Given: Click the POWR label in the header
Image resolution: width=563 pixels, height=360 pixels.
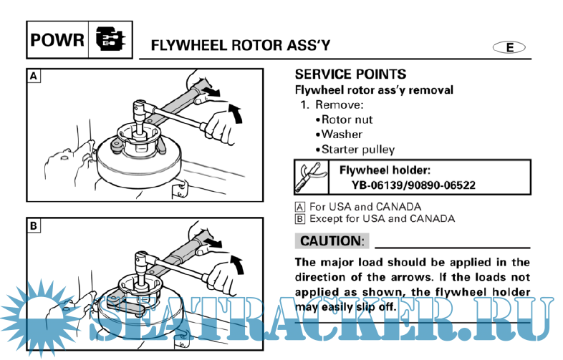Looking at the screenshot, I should pyautogui.click(x=57, y=40).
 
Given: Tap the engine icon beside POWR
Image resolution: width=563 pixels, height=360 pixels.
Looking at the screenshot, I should pyautogui.click(x=110, y=40).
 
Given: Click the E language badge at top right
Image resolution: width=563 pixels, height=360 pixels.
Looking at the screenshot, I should pyautogui.click(x=509, y=47).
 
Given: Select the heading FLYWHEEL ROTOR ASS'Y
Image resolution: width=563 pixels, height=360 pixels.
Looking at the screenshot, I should pyautogui.click(x=240, y=47).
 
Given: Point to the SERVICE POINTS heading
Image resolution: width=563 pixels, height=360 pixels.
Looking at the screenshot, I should pyautogui.click(x=350, y=74).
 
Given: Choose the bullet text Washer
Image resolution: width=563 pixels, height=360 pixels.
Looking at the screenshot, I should pyautogui.click(x=342, y=135).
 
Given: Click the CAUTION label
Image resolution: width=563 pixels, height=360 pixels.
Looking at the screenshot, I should pyautogui.click(x=332, y=241).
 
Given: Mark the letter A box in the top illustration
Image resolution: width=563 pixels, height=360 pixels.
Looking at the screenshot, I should pyautogui.click(x=34, y=74).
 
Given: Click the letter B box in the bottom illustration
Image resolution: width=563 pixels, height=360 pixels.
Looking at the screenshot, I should pyautogui.click(x=34, y=225).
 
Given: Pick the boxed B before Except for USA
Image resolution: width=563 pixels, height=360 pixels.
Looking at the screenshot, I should pyautogui.click(x=300, y=218).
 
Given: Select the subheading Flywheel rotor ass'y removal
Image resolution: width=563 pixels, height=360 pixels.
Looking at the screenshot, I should pyautogui.click(x=374, y=90).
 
